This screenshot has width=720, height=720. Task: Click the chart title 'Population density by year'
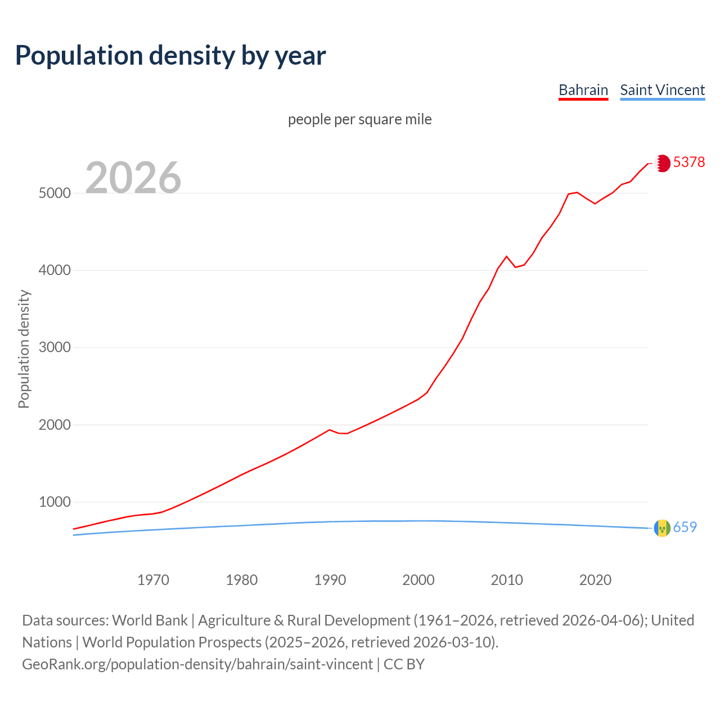point(170,55)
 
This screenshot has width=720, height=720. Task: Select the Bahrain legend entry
point(583,90)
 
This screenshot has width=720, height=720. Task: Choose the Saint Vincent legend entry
point(662,90)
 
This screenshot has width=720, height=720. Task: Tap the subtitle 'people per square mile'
point(359,119)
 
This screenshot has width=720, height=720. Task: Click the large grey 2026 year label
point(133,178)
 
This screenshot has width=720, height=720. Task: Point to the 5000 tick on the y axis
point(55,193)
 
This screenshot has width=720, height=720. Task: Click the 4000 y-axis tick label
point(55,271)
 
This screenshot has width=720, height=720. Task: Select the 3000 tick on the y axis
point(55,348)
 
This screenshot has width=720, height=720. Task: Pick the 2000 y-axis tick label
point(55,425)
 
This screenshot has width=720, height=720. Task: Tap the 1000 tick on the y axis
point(55,502)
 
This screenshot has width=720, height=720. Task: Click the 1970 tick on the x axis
point(153,580)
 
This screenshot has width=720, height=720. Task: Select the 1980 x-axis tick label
point(241,580)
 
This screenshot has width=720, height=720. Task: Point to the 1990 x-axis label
point(330,580)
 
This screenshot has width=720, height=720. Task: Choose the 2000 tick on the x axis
point(418,580)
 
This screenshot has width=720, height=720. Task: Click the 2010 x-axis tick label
point(507,580)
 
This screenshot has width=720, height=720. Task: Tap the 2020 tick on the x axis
point(595,580)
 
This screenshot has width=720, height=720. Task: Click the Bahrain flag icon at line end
point(663,163)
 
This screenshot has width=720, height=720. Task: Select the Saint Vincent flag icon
point(662,528)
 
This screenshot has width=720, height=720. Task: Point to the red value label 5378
point(688,162)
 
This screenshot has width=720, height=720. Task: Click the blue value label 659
point(685,527)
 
